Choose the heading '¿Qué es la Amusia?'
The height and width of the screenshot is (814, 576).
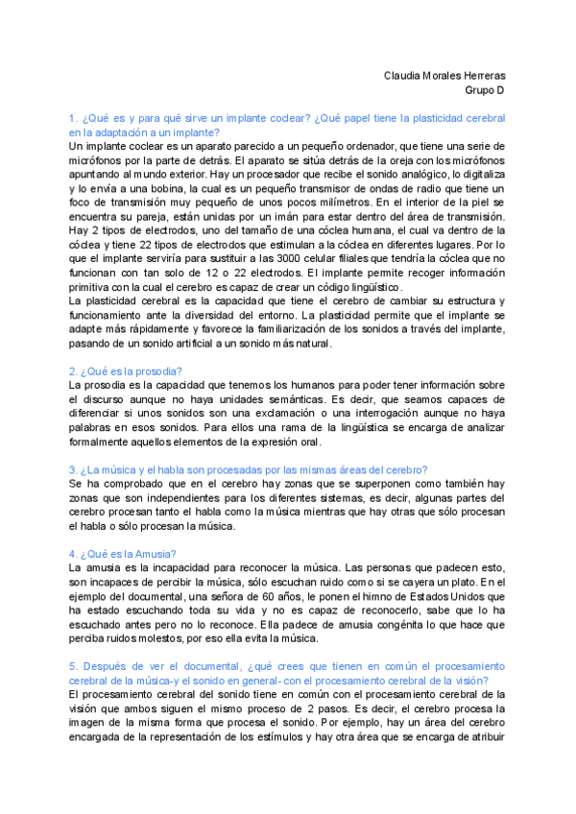point(122,554)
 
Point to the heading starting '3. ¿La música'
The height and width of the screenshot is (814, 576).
point(241,469)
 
